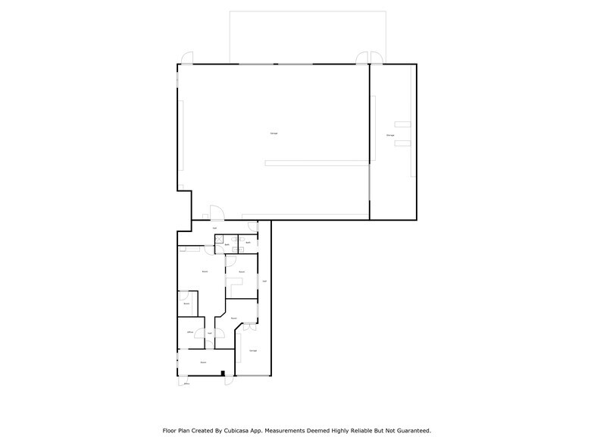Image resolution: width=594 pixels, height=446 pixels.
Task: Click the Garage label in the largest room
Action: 274,133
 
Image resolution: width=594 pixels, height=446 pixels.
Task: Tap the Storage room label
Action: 390,135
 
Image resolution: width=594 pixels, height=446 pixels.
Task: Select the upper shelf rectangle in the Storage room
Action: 401,123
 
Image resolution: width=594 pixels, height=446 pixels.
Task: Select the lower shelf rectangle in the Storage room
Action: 401,141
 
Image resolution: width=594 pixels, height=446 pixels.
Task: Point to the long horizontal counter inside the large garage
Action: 317,162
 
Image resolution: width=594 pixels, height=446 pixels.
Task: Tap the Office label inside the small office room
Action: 189,332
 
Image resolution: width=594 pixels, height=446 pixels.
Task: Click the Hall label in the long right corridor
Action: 264,281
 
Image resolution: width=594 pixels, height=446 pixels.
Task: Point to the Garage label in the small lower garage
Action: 253,350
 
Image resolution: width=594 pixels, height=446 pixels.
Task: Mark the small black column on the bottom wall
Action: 223,372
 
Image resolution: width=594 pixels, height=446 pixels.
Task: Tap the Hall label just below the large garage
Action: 215,228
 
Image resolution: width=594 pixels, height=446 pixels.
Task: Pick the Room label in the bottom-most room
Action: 203,363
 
